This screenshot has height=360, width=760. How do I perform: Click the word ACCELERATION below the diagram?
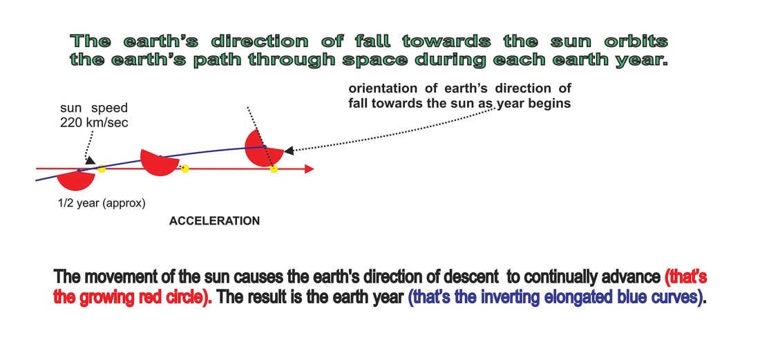(214, 221)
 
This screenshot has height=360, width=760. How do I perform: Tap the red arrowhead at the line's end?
(310, 169)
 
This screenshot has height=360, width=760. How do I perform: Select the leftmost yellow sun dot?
(102, 169)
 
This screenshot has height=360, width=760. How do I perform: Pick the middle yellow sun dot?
(184, 169)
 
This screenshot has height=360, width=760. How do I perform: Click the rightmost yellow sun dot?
(274, 169)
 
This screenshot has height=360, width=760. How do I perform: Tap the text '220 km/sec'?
(94, 122)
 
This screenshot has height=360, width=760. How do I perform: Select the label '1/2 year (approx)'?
(102, 204)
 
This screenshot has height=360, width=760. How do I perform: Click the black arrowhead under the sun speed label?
(90, 160)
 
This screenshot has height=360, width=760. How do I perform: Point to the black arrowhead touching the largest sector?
(289, 151)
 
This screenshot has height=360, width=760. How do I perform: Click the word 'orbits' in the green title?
(636, 41)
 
